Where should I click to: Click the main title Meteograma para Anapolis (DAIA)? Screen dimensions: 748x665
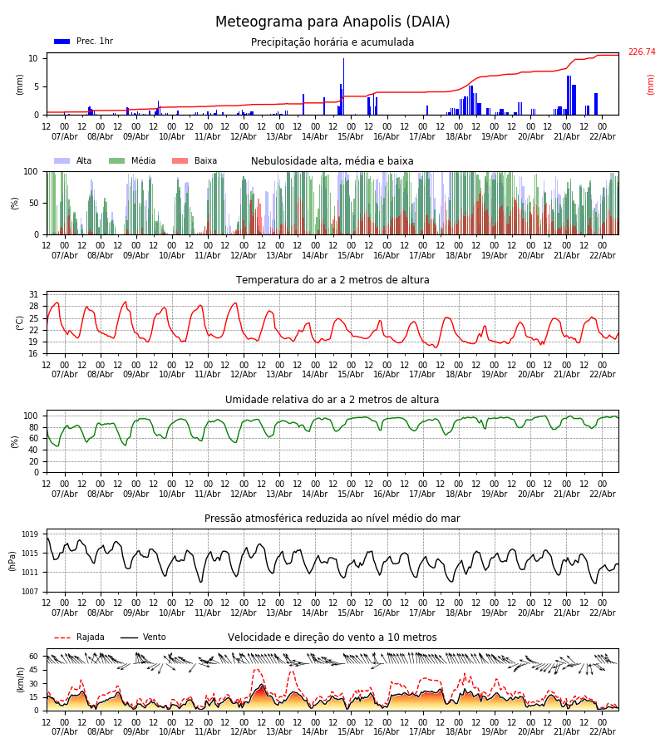(x=332, y=22)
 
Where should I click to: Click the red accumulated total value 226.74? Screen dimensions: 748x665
(x=642, y=52)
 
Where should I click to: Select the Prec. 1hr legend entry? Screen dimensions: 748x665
(x=84, y=42)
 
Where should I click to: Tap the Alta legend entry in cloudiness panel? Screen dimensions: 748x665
(x=74, y=161)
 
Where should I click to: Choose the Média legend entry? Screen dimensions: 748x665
(x=132, y=161)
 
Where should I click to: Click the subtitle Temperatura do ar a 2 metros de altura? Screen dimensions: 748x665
(x=332, y=280)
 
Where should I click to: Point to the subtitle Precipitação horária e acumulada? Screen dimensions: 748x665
(x=332, y=42)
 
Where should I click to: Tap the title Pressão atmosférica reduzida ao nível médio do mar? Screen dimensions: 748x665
(x=332, y=519)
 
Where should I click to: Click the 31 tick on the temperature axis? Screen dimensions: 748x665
(x=34, y=294)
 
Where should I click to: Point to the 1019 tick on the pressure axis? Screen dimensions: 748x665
(x=30, y=534)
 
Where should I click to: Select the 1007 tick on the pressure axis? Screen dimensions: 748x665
(x=30, y=592)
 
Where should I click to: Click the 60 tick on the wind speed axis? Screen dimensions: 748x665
(x=34, y=656)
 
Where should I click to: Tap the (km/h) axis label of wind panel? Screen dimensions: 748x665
(x=19, y=680)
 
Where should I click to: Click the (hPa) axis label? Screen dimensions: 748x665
(x=12, y=560)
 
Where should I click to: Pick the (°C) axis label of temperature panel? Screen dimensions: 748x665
(x=20, y=322)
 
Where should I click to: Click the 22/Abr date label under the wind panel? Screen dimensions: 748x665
(x=602, y=732)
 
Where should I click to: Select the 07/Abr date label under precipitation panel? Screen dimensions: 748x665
(x=65, y=137)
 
